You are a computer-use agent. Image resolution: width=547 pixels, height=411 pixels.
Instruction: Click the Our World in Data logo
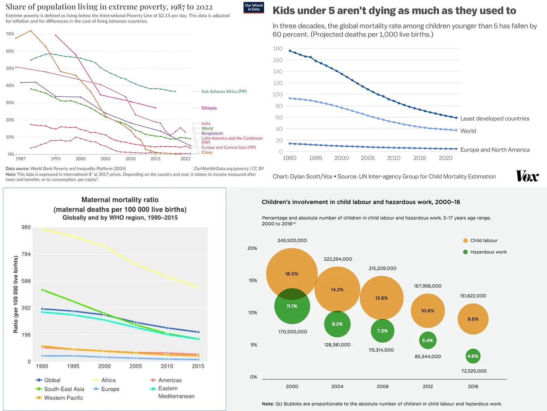(x=254, y=7)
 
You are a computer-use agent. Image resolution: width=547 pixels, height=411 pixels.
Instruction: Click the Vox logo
(x=527, y=176)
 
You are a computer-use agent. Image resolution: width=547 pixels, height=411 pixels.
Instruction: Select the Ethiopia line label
(x=209, y=108)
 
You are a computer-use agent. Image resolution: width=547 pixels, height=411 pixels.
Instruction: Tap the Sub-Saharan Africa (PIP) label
(x=224, y=91)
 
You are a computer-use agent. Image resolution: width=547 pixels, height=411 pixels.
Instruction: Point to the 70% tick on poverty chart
(x=10, y=34)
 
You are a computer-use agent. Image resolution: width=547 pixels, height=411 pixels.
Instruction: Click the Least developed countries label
(x=495, y=119)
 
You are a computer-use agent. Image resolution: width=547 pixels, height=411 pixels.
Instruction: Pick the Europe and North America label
(x=495, y=150)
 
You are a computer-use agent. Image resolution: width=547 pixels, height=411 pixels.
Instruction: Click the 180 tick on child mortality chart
(x=278, y=48)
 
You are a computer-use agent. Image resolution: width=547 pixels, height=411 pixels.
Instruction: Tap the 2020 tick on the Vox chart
(x=446, y=158)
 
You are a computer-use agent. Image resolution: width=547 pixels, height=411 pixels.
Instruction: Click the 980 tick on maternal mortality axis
(x=26, y=227)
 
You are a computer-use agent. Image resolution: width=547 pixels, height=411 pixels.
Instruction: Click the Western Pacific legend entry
(x=63, y=397)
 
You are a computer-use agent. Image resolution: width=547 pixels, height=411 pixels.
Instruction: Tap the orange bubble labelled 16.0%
(x=292, y=273)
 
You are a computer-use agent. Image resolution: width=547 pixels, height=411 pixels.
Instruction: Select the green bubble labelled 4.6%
(x=473, y=356)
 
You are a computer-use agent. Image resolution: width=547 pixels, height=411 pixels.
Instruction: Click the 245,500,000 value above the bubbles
(x=292, y=240)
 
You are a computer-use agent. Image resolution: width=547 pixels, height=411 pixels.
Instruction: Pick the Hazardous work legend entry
(x=488, y=252)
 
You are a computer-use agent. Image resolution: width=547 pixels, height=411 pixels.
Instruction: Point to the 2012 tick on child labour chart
(x=428, y=386)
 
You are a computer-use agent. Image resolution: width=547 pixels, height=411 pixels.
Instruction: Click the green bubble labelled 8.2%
(x=337, y=324)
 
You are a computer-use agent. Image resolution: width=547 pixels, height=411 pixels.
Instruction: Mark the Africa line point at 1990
(x=42, y=229)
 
